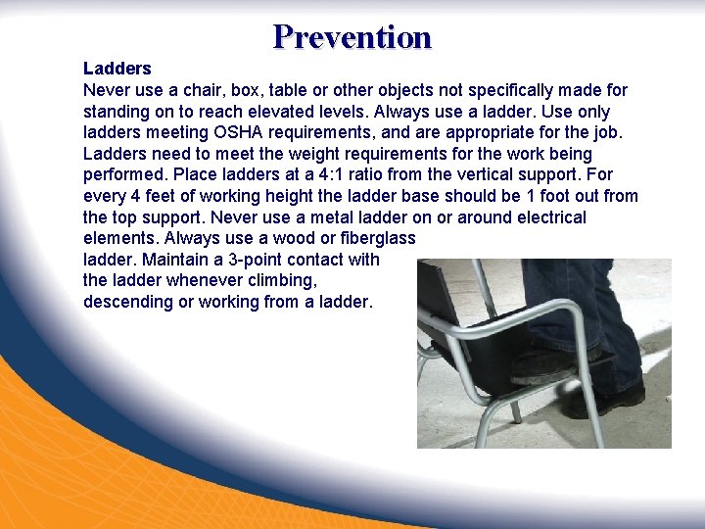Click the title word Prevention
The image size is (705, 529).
[352, 37]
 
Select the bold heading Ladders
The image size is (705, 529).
[117, 69]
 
